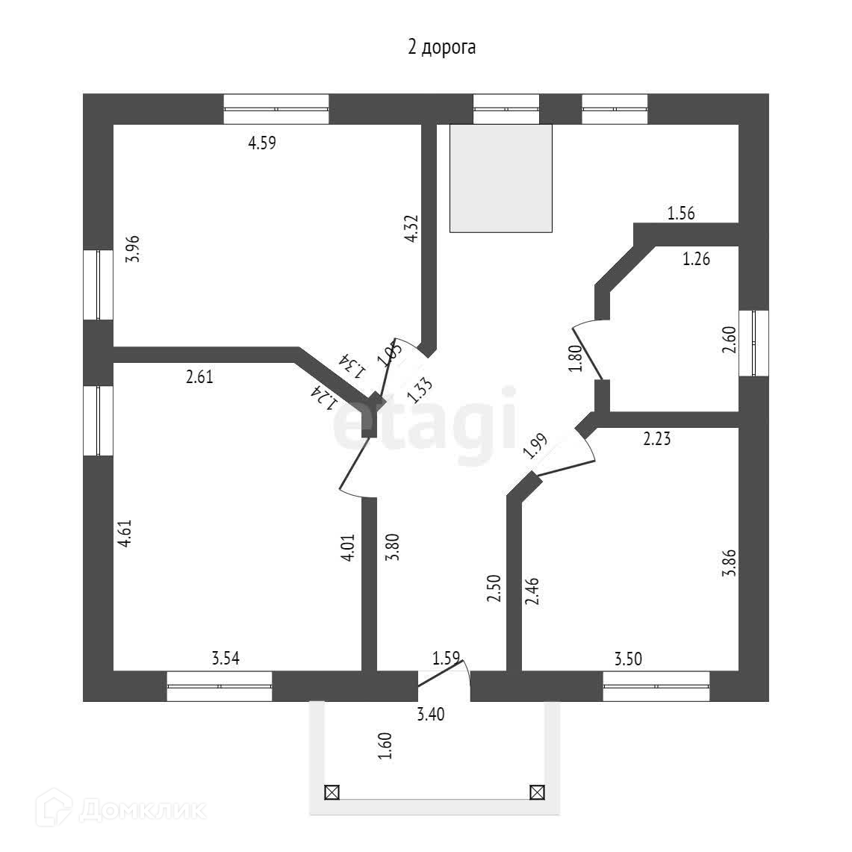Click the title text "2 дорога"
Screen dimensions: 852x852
[442, 47]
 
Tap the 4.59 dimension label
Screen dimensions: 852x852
[262, 143]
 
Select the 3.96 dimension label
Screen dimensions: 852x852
[133, 249]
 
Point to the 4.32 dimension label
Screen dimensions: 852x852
[412, 228]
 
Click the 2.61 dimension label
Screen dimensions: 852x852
[199, 376]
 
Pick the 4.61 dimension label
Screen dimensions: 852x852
[125, 533]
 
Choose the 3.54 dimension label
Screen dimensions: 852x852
[226, 659]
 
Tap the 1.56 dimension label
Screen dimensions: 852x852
[681, 213]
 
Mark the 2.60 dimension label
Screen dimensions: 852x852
[730, 340]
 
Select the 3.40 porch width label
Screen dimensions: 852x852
[431, 714]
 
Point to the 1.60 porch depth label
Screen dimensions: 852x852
[385, 746]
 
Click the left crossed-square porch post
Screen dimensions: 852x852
[332, 792]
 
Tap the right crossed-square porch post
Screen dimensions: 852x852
[538, 792]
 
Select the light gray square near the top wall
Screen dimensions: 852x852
[501, 178]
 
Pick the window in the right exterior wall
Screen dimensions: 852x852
[754, 343]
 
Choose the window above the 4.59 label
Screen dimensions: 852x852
[276, 109]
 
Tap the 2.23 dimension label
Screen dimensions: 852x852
[657, 438]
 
